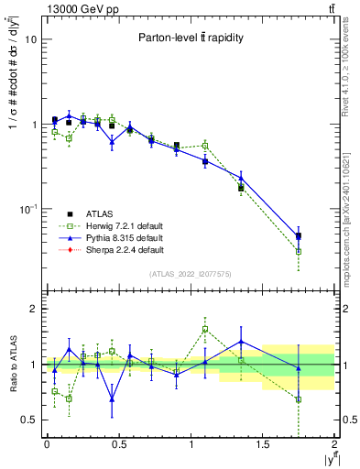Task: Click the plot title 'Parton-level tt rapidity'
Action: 189,38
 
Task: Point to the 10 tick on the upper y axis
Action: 31,40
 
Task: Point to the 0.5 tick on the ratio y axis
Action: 29,420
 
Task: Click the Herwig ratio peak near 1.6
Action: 205,329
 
